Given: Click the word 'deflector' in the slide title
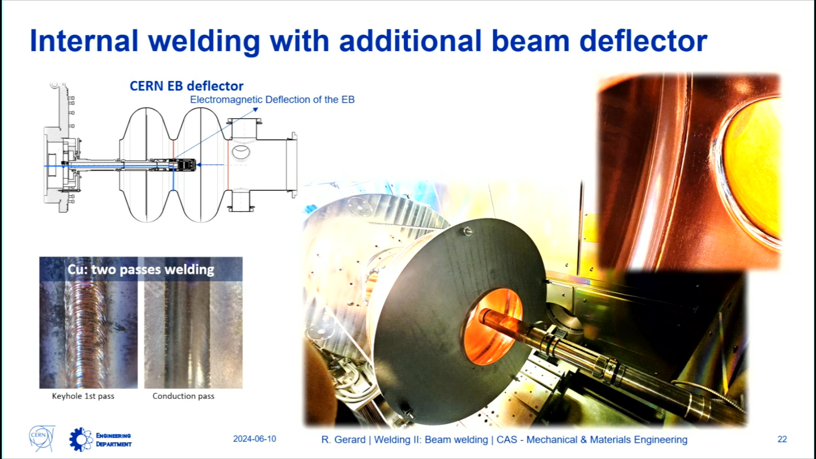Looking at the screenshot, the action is tap(643, 41).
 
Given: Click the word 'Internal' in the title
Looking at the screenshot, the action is tap(84, 41).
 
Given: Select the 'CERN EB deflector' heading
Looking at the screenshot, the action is tap(187, 86).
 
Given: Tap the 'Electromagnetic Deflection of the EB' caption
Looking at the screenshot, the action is tap(272, 99).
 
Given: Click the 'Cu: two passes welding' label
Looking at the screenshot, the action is tap(141, 269).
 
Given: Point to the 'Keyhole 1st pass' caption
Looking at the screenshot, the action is tap(83, 396).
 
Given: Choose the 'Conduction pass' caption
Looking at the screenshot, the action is tap(183, 396).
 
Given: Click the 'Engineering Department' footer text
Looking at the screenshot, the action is tap(113, 440).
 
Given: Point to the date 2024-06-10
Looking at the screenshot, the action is tap(255, 439).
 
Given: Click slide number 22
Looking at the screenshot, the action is tap(782, 439).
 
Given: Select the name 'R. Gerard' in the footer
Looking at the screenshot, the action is tap(343, 439).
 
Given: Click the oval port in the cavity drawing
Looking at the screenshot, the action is tap(241, 152).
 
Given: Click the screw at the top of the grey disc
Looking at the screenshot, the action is tap(467, 231).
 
